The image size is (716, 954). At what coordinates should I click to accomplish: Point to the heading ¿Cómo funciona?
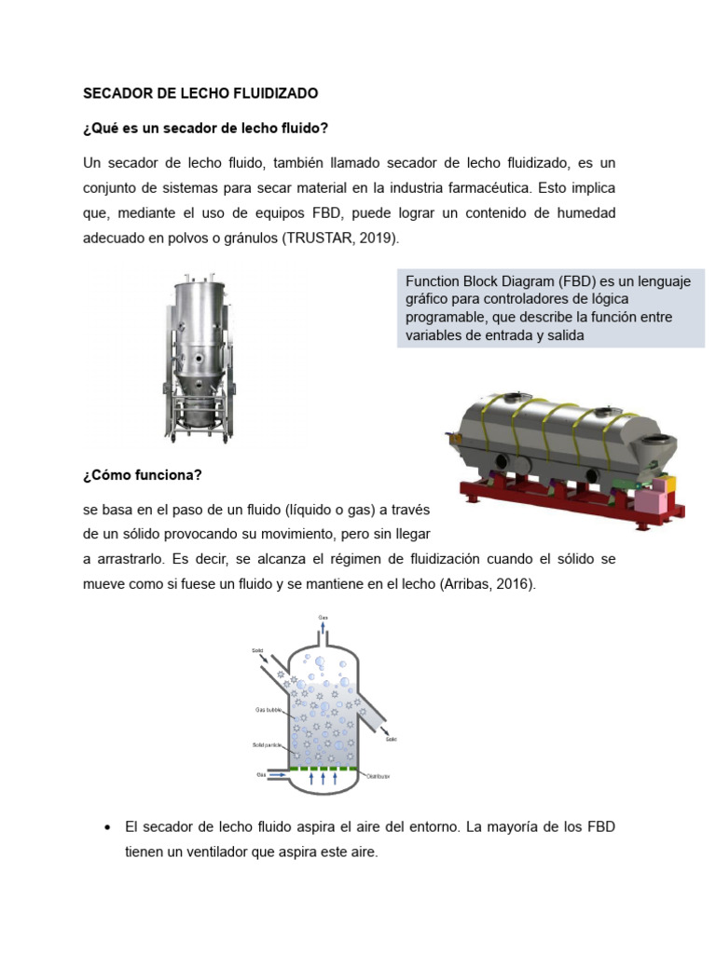click(142, 475)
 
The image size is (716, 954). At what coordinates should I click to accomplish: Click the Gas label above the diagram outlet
click(324, 618)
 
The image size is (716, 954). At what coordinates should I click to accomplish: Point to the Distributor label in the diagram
click(378, 775)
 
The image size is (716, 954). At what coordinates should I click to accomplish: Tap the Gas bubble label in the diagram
click(268, 709)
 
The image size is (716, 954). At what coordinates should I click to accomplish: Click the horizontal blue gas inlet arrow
click(276, 775)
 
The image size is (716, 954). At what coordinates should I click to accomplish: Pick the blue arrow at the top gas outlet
click(324, 629)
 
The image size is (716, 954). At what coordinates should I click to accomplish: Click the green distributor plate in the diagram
click(324, 769)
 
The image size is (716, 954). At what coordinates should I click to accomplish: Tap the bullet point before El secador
click(110, 827)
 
